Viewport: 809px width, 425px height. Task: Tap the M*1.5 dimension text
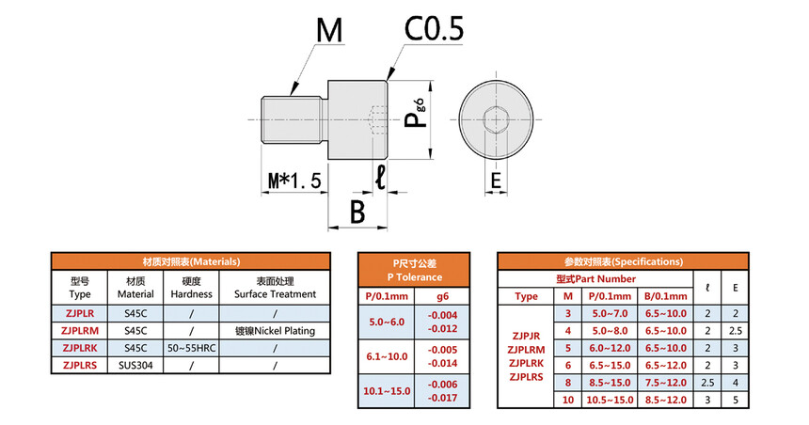click(x=293, y=180)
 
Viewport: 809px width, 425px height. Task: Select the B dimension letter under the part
click(x=357, y=211)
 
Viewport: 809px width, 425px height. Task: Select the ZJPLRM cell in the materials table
click(x=80, y=331)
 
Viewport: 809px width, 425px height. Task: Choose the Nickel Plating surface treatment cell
click(x=274, y=331)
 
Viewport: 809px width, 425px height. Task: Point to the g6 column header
click(x=442, y=296)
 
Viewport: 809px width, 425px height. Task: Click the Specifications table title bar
click(x=623, y=261)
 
